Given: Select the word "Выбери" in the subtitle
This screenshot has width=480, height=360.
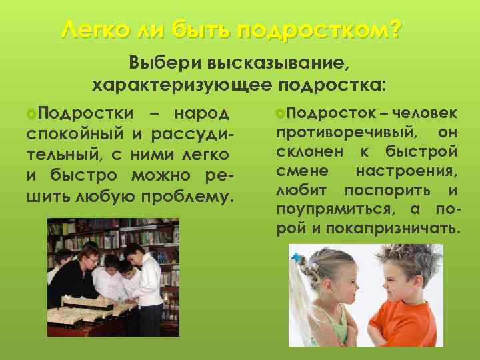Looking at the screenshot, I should coord(167,65).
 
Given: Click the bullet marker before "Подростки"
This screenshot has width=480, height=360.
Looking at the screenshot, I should coord(31,113).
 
